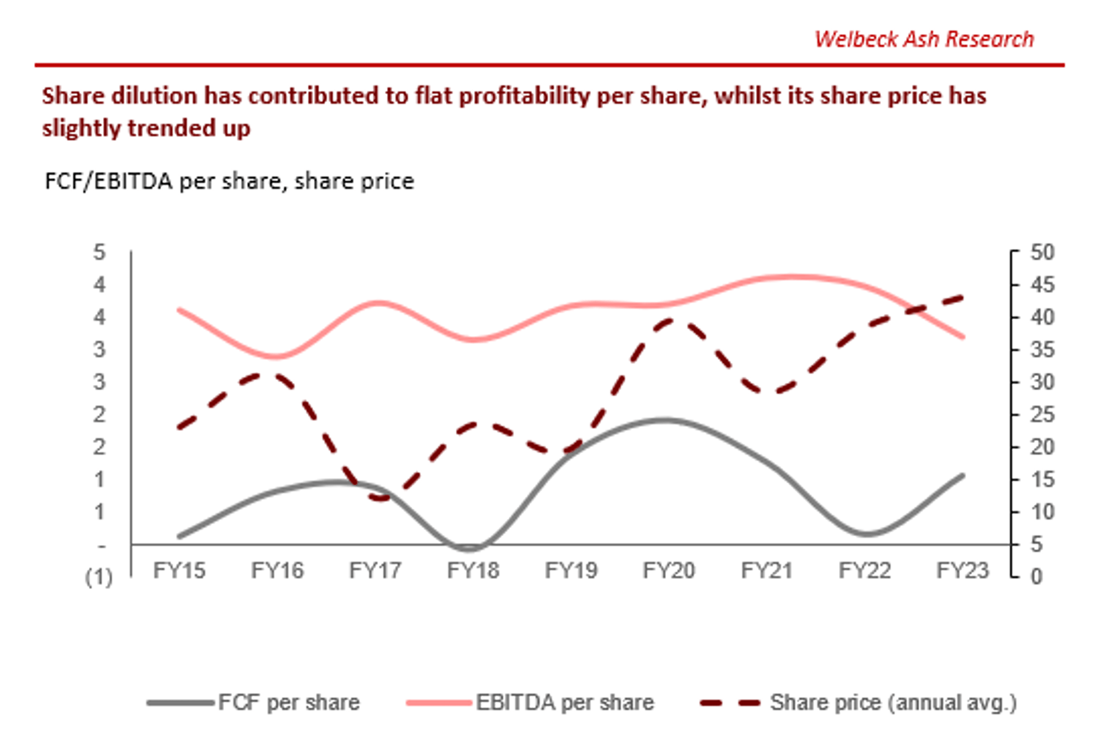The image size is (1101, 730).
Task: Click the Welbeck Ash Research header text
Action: tap(924, 40)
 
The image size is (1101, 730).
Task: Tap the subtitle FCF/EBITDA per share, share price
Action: tap(229, 181)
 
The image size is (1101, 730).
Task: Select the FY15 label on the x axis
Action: tap(179, 570)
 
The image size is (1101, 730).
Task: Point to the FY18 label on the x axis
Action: tap(473, 570)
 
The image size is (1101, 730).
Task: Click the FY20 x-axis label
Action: tap(669, 570)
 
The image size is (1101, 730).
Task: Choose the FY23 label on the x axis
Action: tap(962, 570)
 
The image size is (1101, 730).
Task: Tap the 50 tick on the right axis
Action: tap(1042, 253)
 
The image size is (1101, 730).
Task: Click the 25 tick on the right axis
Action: tap(1042, 415)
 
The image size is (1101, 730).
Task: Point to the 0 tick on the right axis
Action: tap(1037, 577)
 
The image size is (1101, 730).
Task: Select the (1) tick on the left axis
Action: tap(99, 577)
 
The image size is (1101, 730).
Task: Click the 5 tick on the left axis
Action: tap(99, 253)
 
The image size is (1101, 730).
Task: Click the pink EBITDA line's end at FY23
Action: tap(963, 337)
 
